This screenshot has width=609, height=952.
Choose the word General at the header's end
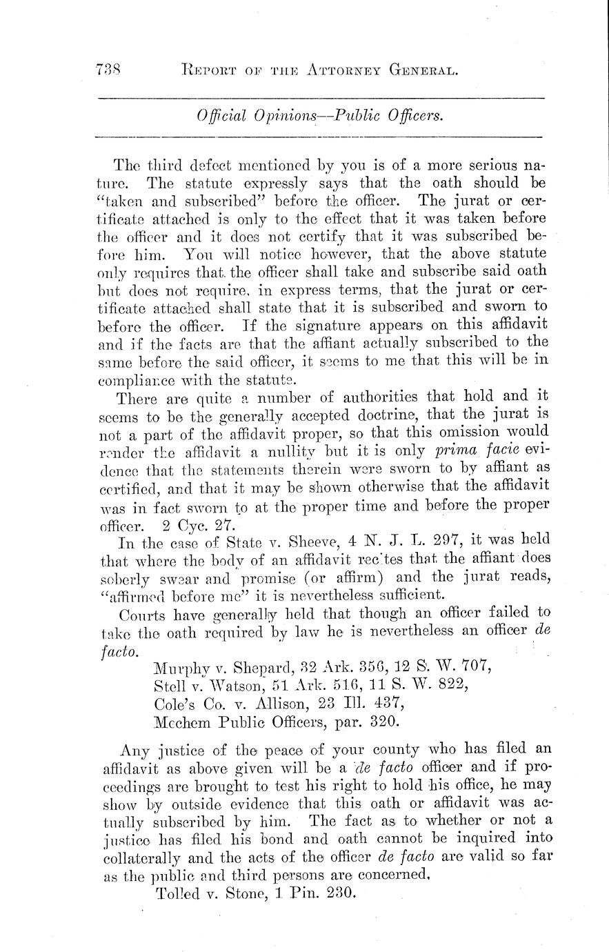[x=423, y=68]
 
